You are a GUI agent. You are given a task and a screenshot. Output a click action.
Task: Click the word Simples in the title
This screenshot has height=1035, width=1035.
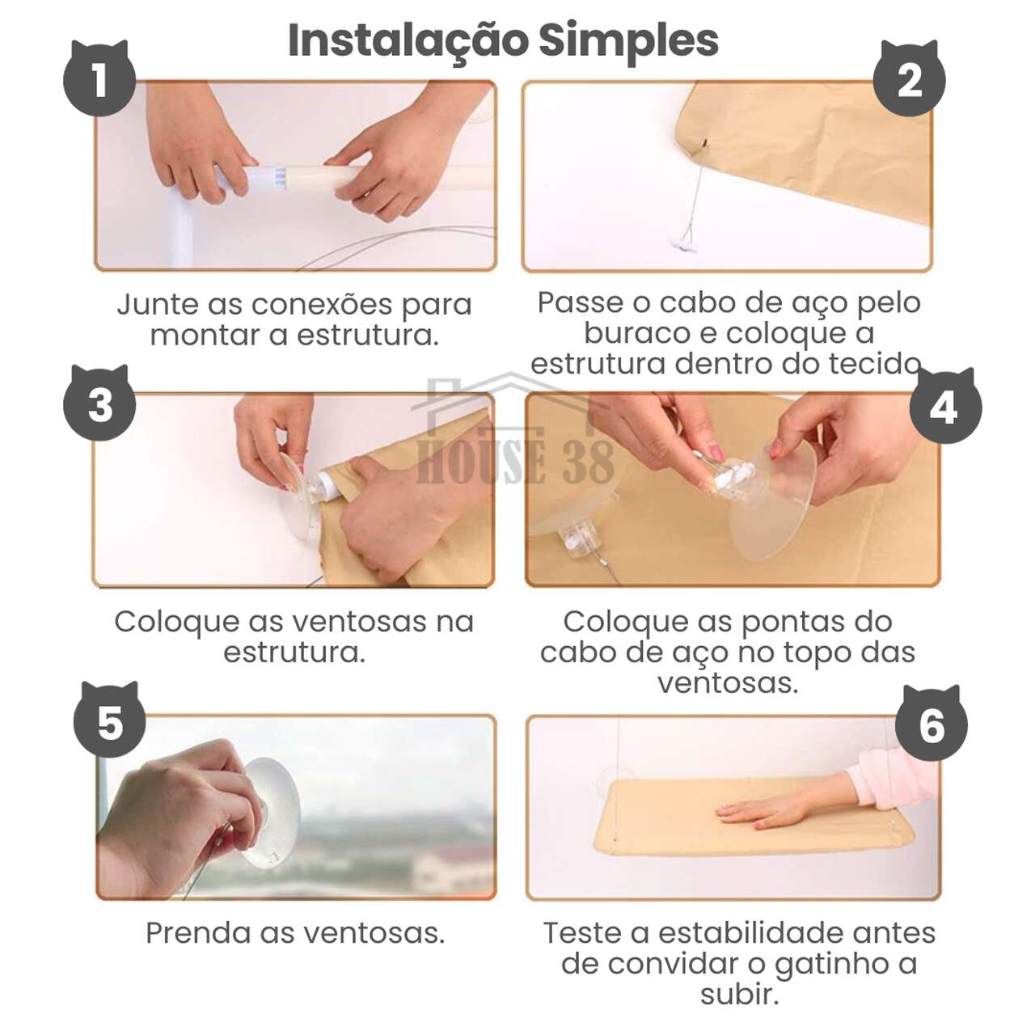(x=628, y=40)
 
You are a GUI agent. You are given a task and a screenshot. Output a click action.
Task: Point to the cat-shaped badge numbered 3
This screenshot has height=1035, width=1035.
(x=99, y=403)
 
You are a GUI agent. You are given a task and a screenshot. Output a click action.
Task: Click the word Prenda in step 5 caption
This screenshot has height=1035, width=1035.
(x=198, y=933)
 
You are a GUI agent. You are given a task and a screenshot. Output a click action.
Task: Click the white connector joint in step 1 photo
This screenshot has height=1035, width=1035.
(x=267, y=178)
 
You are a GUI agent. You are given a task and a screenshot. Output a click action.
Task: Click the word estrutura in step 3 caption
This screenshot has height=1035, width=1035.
(x=294, y=653)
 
